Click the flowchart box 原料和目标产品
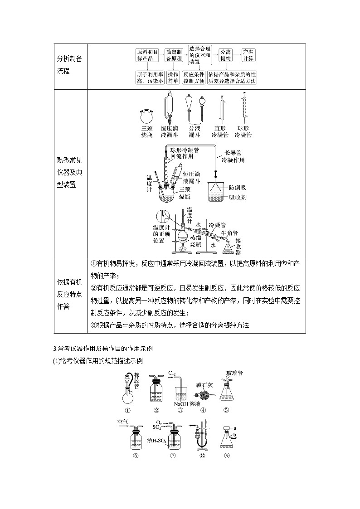tap(147, 55)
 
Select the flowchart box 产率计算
tap(248, 55)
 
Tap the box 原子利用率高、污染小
tap(150, 78)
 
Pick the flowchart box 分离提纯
tap(226, 55)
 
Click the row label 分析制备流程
tap(69, 65)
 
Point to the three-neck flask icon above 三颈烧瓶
tap(146, 115)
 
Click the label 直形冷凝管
tap(220, 131)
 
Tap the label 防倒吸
tap(237, 187)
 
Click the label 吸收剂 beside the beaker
tap(238, 197)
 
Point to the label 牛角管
tap(229, 233)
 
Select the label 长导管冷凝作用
tap(233, 156)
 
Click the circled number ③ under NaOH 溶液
tap(180, 410)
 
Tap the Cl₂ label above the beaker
tap(172, 373)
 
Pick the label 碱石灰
tap(204, 385)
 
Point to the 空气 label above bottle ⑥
tap(123, 422)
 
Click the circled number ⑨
tap(227, 455)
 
